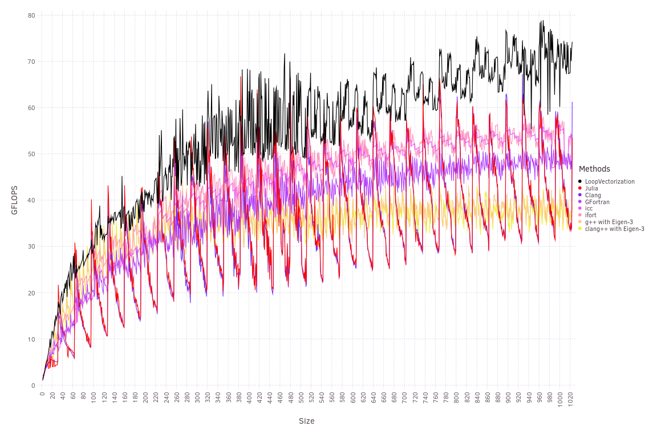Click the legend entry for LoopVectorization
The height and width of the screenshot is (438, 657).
coord(609,181)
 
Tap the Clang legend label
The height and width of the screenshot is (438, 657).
coord(593,195)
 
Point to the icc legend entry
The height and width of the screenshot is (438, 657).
coord(589,208)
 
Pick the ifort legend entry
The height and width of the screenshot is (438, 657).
coord(590,215)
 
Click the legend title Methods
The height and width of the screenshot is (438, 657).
coord(594,169)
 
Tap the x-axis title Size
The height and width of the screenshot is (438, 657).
coord(306,421)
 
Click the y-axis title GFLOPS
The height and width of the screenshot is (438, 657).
coord(15,200)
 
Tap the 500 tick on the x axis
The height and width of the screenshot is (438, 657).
coord(301,395)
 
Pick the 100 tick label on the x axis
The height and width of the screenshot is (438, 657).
coord(94,395)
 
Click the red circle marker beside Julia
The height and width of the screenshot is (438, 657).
coord(580,188)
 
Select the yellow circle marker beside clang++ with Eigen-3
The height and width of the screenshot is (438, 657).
coord(580,229)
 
